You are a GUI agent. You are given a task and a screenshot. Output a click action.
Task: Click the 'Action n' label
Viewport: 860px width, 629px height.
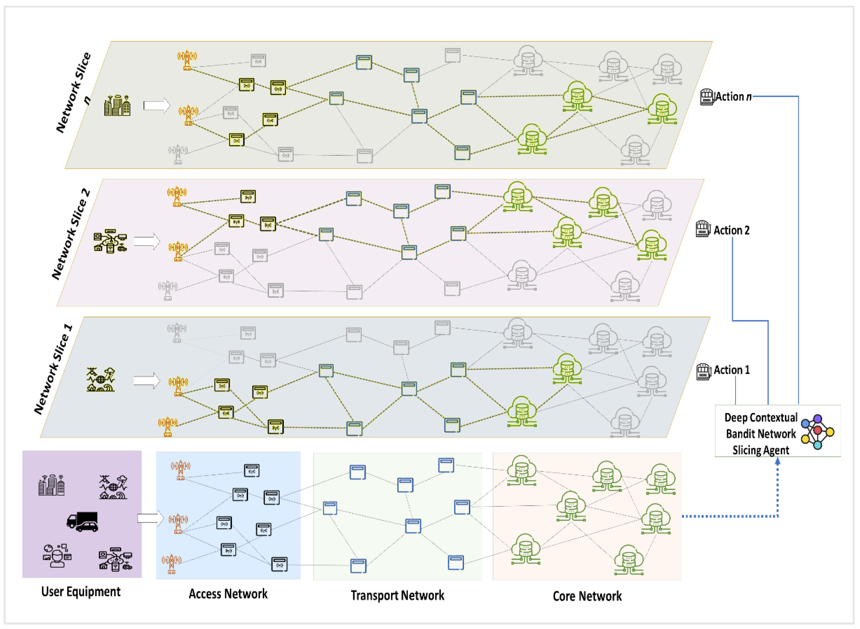tap(733, 97)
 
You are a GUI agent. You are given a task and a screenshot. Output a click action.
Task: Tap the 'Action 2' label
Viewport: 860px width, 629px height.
tap(731, 230)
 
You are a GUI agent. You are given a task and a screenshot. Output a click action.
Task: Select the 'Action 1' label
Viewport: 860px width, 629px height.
tap(731, 370)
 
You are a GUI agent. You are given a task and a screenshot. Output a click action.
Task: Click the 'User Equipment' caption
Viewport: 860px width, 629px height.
tap(81, 592)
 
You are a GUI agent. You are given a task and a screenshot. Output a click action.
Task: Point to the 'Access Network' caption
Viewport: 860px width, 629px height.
tap(228, 594)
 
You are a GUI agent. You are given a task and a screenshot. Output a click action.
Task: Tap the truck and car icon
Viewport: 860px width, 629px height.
tap(83, 522)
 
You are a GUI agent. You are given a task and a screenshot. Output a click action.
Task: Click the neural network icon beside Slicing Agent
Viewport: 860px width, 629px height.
tap(817, 432)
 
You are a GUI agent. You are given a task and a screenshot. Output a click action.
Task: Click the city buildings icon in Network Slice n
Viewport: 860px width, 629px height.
tap(117, 105)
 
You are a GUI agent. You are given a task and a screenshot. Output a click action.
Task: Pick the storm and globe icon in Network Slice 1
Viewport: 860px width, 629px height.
tap(101, 380)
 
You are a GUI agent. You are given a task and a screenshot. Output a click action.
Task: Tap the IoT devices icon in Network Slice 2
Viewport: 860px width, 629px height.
tap(110, 241)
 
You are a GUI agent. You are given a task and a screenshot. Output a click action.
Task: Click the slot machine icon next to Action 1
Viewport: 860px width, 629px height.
tap(704, 372)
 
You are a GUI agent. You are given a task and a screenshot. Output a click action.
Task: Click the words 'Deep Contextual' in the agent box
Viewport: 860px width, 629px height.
tap(760, 418)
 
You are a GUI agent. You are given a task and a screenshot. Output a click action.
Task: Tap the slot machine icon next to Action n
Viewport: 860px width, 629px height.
tap(706, 97)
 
